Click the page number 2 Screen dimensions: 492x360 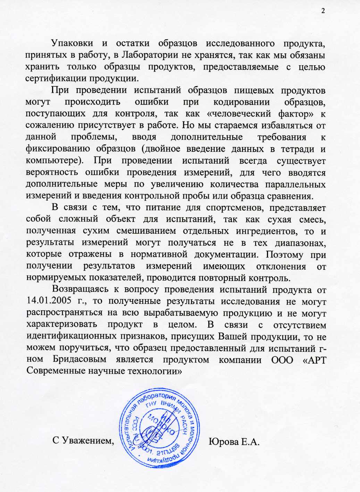click(x=323, y=11)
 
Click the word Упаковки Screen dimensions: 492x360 click(x=72, y=43)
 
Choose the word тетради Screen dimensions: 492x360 click(x=295, y=149)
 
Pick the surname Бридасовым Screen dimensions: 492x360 click(x=79, y=359)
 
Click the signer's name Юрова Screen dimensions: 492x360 click(x=223, y=442)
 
